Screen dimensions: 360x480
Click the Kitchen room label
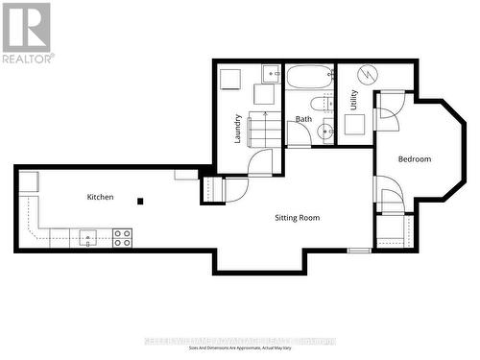[100, 197]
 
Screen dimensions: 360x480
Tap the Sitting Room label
[297, 218]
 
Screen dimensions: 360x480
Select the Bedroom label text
[415, 158]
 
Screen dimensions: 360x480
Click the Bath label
[303, 119]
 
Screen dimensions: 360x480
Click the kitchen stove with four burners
[123, 237]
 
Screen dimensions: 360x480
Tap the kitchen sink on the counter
[89, 237]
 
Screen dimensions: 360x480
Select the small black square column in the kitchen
[141, 201]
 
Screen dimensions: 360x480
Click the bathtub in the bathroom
[309, 76]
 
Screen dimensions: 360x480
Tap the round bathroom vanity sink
[326, 132]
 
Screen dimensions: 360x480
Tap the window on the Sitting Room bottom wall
[359, 250]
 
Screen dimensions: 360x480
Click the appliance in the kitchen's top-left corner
[29, 180]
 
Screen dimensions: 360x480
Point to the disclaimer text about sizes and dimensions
[240, 347]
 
